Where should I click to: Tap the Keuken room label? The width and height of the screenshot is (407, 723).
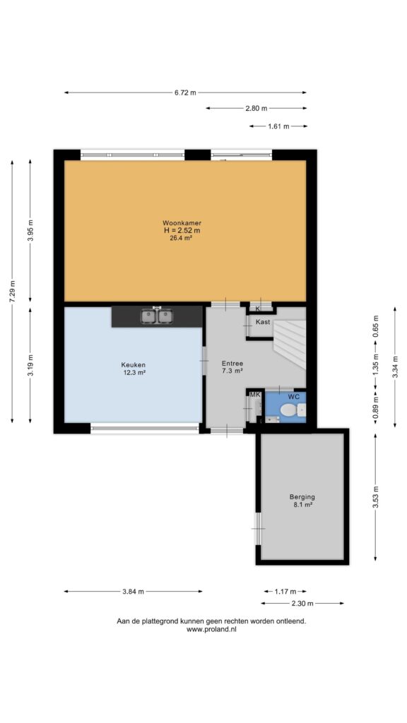point(131,364)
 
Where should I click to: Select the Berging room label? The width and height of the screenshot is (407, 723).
point(302,496)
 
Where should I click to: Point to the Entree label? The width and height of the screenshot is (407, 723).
point(232,362)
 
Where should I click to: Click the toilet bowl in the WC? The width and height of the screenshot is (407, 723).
point(289,410)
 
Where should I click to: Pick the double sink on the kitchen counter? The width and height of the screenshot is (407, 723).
point(157,316)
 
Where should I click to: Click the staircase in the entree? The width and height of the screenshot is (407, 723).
point(290,344)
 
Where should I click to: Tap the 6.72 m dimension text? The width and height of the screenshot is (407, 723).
point(185,92)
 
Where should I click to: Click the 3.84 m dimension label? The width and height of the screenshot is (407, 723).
point(133,591)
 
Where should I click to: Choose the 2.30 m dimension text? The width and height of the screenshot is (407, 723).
point(302,603)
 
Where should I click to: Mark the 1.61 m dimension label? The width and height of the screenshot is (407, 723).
point(278,126)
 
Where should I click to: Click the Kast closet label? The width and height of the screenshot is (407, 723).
point(263,322)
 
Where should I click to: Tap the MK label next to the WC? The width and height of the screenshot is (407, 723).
point(255,395)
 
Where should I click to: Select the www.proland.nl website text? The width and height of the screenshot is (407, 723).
point(211,629)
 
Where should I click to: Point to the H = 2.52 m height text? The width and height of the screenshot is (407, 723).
point(181,230)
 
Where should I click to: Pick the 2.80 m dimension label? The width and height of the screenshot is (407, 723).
point(256,108)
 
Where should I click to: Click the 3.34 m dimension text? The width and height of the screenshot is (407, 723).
point(394,367)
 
